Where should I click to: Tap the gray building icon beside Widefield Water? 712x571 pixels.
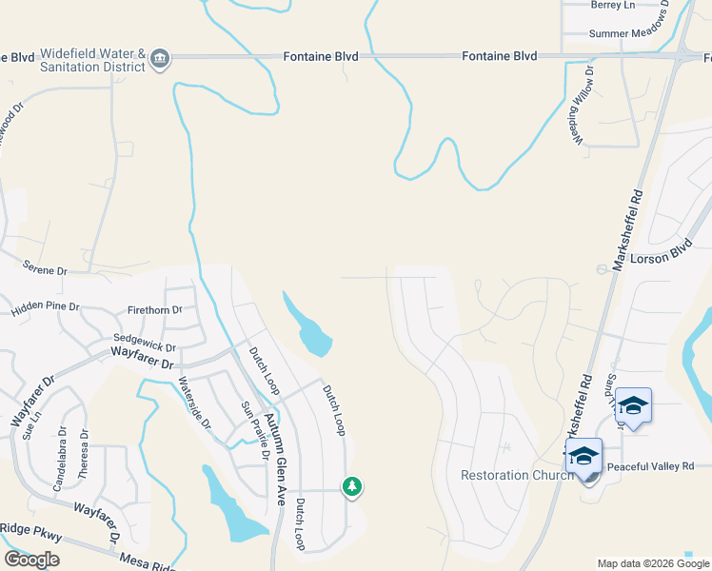[x=160, y=59]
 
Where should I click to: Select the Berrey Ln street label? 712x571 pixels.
[x=612, y=5]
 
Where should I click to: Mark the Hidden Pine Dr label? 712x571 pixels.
[x=46, y=309]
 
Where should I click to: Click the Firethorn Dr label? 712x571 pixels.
[x=154, y=310]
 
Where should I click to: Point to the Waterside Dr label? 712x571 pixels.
[x=194, y=404]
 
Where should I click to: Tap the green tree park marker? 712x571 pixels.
[x=352, y=486]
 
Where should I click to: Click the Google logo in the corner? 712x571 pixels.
[x=31, y=560]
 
